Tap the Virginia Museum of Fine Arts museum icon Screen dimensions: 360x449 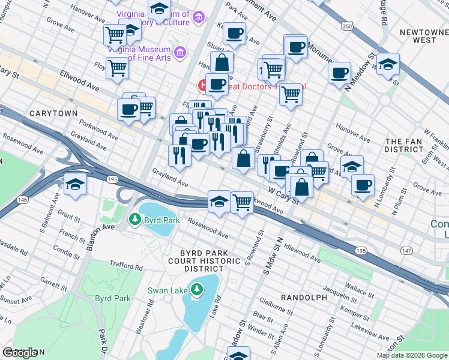(179, 54)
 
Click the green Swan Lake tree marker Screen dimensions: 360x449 (196, 292)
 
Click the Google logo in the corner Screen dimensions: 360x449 (20, 352)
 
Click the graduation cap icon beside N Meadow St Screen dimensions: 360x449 (388, 63)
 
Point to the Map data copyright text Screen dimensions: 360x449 (412, 355)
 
